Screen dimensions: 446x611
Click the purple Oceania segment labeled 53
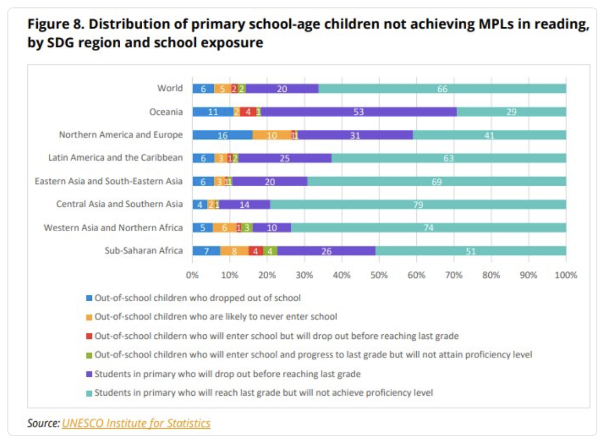[x=359, y=112]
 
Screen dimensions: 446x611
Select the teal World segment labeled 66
[x=443, y=89]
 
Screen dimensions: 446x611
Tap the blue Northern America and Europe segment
[x=223, y=135]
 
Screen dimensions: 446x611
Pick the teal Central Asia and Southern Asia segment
[x=418, y=204]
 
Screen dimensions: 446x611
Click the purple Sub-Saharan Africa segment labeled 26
[x=326, y=251]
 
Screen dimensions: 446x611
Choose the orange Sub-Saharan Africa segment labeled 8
[x=235, y=251]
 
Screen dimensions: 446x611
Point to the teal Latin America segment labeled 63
[x=449, y=158]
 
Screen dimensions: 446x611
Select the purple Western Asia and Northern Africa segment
[x=272, y=227]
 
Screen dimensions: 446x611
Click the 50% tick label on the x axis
[x=379, y=274]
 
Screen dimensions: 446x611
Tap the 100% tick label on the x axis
[x=566, y=274]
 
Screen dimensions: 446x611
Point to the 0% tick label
[x=192, y=274]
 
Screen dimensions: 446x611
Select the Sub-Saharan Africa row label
[x=144, y=250]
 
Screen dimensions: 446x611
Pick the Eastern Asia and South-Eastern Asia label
[x=109, y=181]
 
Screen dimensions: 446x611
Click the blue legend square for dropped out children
[x=89, y=298]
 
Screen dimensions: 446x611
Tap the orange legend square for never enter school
[x=89, y=317]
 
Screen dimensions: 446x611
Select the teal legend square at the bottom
[x=89, y=392]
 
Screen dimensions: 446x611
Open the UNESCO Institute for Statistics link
[x=136, y=423]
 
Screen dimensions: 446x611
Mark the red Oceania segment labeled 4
[x=248, y=112]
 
